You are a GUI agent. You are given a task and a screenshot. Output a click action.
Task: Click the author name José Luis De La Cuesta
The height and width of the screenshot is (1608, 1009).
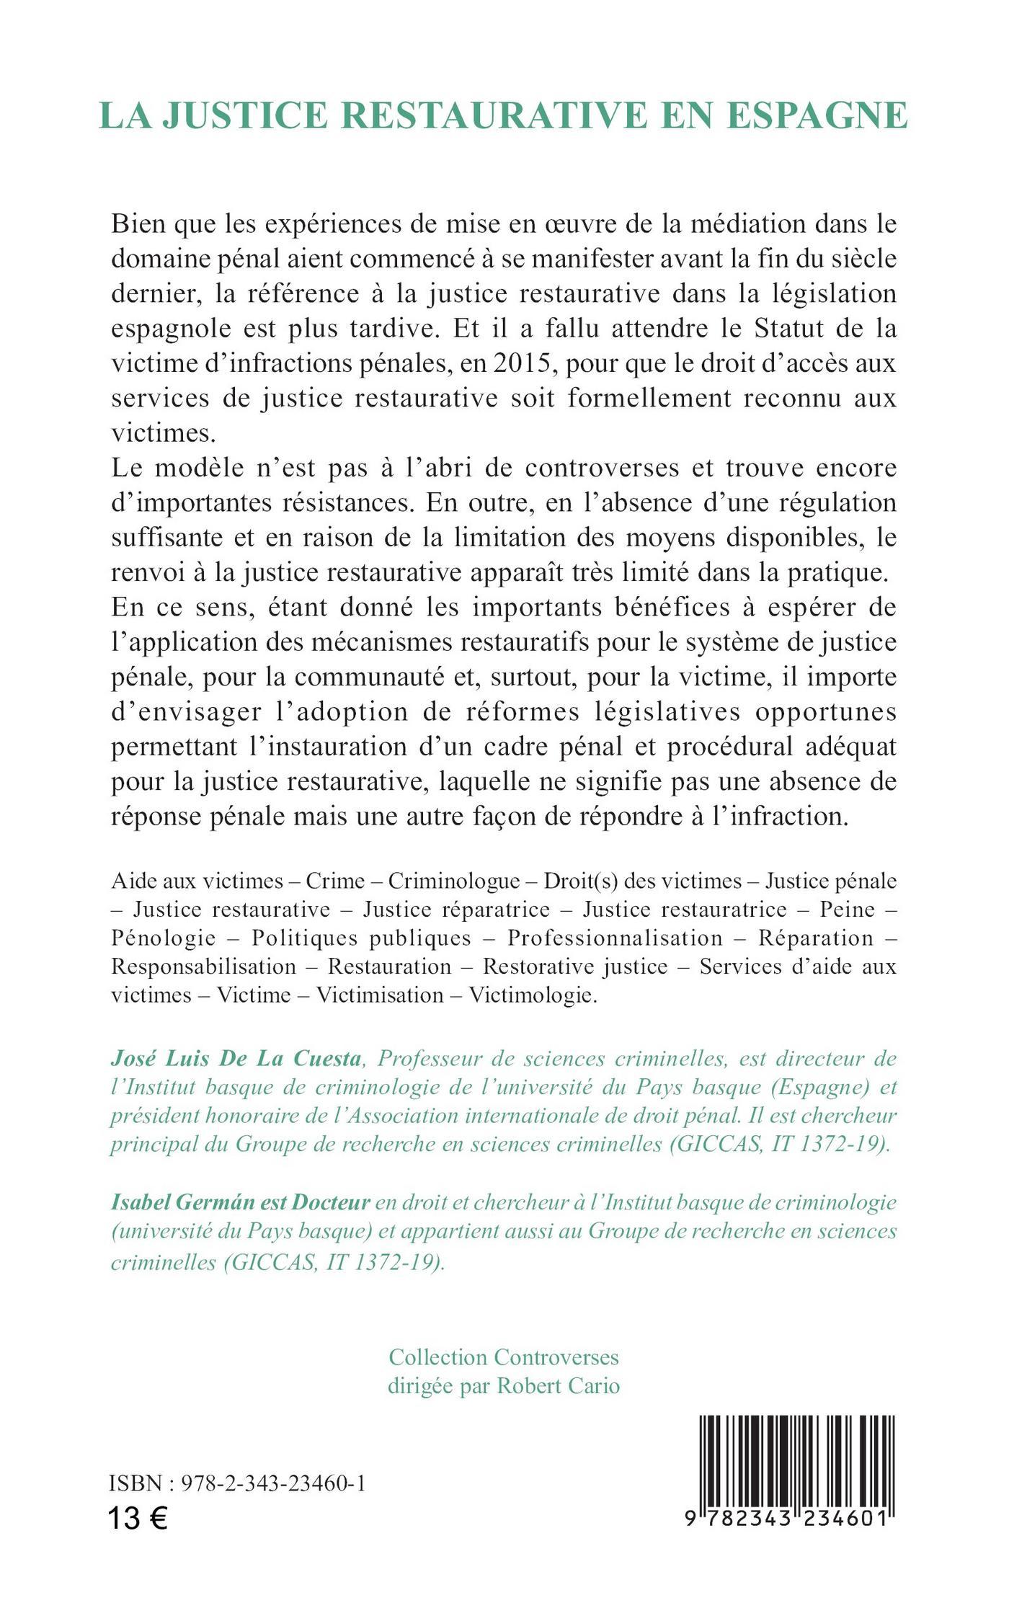tap(236, 1058)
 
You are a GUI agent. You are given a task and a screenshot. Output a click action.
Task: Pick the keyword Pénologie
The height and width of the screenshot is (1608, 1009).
tap(164, 938)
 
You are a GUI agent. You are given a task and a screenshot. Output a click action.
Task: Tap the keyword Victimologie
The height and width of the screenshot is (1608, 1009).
tap(533, 995)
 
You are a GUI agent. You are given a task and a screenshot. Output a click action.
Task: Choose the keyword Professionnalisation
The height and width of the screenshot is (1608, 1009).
tap(615, 938)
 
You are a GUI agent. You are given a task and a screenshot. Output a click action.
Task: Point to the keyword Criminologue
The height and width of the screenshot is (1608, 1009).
tap(454, 881)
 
